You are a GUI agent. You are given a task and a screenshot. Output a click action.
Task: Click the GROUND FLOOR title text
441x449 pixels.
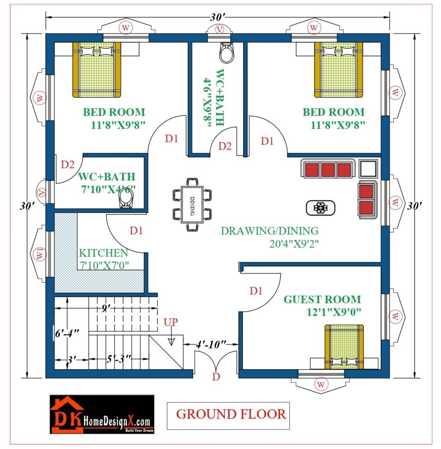click(232, 413)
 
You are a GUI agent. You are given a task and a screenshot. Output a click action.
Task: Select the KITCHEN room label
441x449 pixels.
click(104, 253)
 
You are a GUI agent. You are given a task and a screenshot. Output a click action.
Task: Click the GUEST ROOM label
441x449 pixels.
click(322, 299)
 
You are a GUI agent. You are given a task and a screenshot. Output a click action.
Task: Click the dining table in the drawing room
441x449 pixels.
click(192, 204)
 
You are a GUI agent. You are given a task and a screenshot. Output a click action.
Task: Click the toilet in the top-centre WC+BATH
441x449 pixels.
click(226, 53)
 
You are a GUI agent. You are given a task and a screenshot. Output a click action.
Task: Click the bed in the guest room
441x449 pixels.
click(344, 347)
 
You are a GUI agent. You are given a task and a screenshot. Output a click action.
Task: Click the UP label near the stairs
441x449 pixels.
click(170, 322)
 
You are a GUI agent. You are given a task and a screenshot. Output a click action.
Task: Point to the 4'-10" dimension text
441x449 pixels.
click(210, 344)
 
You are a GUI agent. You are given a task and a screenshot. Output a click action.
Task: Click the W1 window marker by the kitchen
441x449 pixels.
click(39, 253)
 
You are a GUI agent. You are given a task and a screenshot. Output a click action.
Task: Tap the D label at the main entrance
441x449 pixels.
click(215, 377)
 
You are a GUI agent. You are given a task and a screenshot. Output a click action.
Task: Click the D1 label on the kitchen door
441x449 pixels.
click(136, 230)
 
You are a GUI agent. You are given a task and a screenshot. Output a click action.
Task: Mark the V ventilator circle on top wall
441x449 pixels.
click(218, 29)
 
